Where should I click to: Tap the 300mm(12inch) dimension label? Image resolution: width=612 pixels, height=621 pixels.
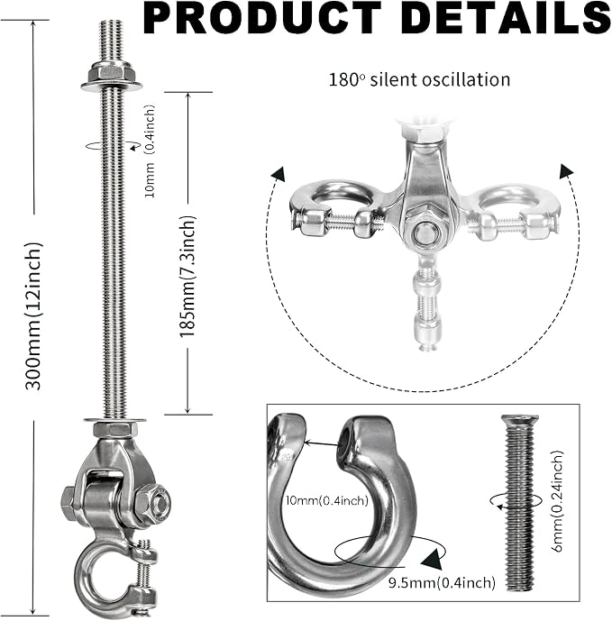33,316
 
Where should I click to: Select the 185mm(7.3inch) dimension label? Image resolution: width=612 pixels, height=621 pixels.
187,277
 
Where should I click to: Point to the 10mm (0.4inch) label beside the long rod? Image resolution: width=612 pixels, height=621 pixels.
151,151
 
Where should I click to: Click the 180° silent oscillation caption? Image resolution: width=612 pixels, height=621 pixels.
419,79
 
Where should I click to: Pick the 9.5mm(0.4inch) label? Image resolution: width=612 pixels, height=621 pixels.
442,582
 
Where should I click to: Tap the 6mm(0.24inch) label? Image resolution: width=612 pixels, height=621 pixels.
556,501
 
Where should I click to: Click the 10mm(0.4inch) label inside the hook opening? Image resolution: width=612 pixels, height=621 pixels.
327,501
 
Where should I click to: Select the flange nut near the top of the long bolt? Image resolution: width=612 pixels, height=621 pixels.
111,77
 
